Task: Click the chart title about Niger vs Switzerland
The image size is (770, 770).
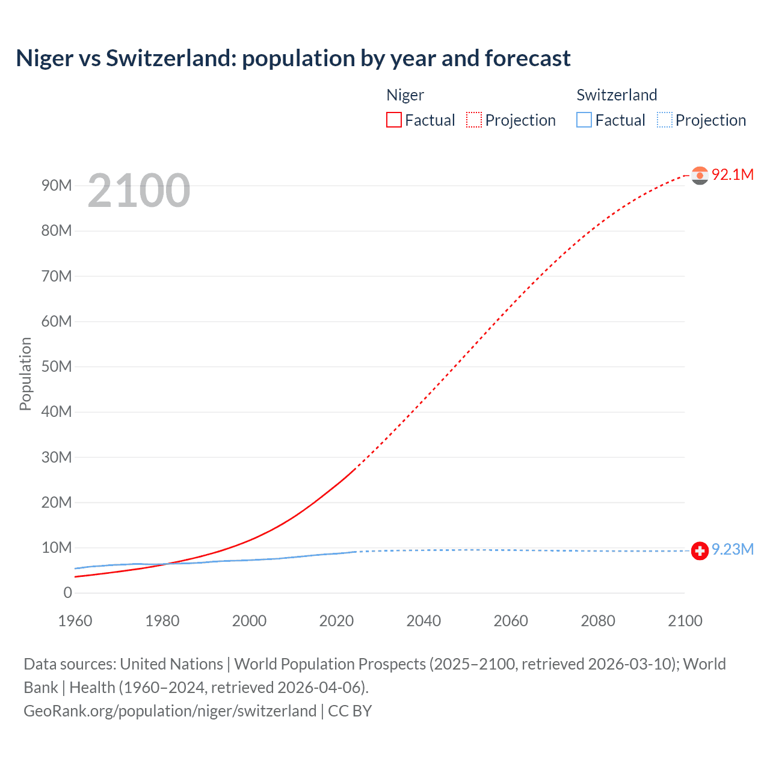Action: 293,58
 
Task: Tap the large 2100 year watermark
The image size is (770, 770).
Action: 139,191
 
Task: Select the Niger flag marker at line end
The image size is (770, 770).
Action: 700,175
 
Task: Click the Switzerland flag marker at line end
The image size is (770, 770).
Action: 700,550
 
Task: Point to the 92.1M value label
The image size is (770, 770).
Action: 732,174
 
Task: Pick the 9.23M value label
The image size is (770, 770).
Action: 732,550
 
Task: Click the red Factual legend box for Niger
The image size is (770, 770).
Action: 394,120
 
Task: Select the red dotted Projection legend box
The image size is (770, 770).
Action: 474,120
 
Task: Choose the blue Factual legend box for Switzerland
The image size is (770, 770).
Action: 584,120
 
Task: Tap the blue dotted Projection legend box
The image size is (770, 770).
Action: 665,120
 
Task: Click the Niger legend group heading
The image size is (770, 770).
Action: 405,95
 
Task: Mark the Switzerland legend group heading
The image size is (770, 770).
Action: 617,95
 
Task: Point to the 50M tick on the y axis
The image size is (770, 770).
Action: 57,366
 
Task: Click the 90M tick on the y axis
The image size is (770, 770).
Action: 57,185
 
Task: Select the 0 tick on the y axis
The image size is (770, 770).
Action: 67,593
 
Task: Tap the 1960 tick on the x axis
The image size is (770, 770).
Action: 75,621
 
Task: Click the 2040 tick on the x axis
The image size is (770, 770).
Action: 423,621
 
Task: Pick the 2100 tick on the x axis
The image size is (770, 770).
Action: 685,621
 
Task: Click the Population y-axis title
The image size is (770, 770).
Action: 25,374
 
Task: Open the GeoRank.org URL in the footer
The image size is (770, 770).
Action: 170,711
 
